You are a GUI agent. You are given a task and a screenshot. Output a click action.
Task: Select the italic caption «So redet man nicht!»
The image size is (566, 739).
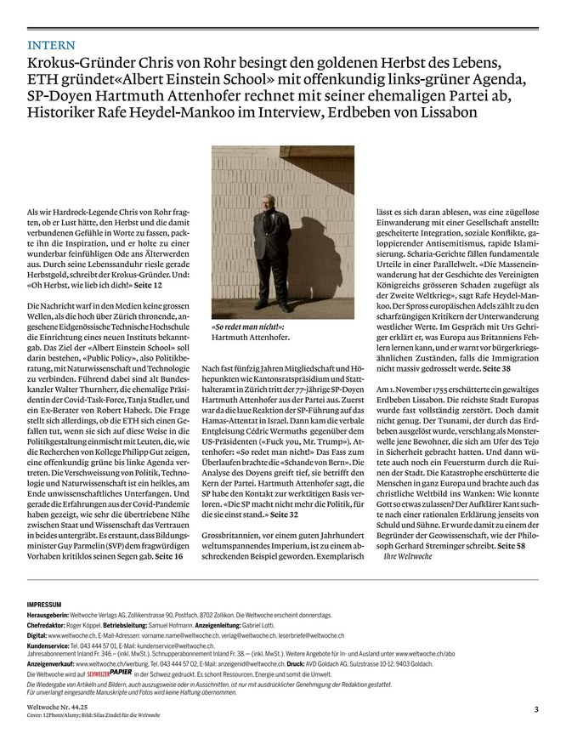click(247, 327)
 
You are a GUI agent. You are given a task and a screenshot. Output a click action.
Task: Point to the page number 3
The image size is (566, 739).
click(536, 709)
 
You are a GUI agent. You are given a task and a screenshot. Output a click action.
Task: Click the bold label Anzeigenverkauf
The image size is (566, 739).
click(54, 662)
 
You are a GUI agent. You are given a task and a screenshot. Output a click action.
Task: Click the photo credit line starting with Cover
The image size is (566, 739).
click(93, 716)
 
